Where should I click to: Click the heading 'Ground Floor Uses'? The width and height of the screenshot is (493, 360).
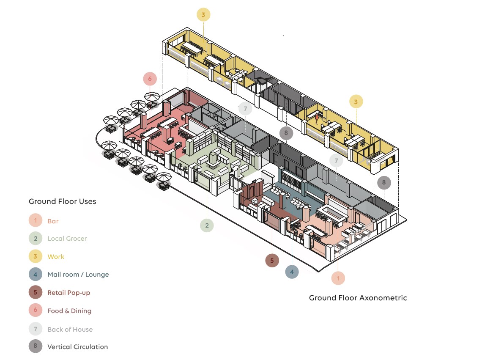[63, 201]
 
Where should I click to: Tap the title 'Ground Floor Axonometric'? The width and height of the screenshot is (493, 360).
[358, 298]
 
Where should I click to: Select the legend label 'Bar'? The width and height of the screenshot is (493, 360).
[53, 221]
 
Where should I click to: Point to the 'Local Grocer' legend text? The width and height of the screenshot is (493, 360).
[67, 239]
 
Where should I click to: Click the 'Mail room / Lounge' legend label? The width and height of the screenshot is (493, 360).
[78, 275]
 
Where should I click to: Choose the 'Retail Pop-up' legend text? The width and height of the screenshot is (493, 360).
[69, 293]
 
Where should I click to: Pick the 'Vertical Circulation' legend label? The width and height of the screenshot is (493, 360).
[78, 347]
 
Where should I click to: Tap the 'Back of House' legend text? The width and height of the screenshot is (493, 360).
[70, 329]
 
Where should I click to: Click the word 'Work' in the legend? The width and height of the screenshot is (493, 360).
[56, 257]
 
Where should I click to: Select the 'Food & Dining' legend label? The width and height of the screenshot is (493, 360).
[69, 311]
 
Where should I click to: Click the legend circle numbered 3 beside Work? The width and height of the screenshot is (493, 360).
[36, 257]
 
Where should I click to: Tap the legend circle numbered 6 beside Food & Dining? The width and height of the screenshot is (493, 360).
[36, 311]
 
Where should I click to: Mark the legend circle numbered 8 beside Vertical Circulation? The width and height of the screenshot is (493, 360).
[36, 346]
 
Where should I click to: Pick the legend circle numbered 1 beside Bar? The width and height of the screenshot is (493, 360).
[36, 221]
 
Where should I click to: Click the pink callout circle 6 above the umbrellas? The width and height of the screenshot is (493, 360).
[150, 79]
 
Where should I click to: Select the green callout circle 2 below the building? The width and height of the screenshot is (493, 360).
[207, 225]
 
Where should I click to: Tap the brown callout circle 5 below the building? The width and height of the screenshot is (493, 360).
[272, 260]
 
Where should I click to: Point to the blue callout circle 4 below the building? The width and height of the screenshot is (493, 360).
[292, 272]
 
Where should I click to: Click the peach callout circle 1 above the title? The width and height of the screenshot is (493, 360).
[338, 278]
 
